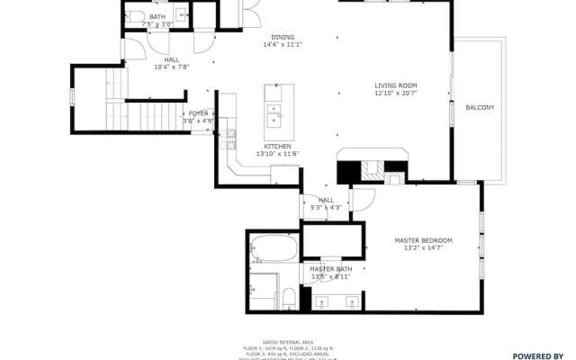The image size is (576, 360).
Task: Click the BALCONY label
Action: (x=480, y=108)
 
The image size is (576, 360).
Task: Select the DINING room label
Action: (x=282, y=36)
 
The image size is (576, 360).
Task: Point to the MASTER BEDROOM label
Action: (x=423, y=240)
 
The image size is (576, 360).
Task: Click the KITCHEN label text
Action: (x=276, y=146)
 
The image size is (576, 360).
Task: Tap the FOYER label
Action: (x=198, y=113)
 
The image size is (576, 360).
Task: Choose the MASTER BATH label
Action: (x=331, y=269)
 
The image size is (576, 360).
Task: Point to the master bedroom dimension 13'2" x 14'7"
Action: (x=423, y=248)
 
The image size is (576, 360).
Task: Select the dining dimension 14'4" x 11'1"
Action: (x=282, y=44)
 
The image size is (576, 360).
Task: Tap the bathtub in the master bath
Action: (x=274, y=247)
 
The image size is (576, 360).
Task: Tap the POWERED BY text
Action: (x=538, y=355)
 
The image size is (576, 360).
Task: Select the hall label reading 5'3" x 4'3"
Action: (x=326, y=203)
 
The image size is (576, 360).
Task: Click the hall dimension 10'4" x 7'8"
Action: (x=171, y=66)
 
